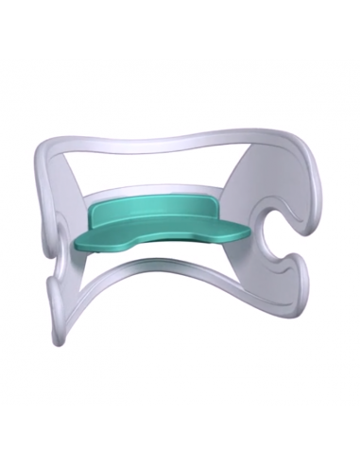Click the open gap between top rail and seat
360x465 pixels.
tap(161, 175)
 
